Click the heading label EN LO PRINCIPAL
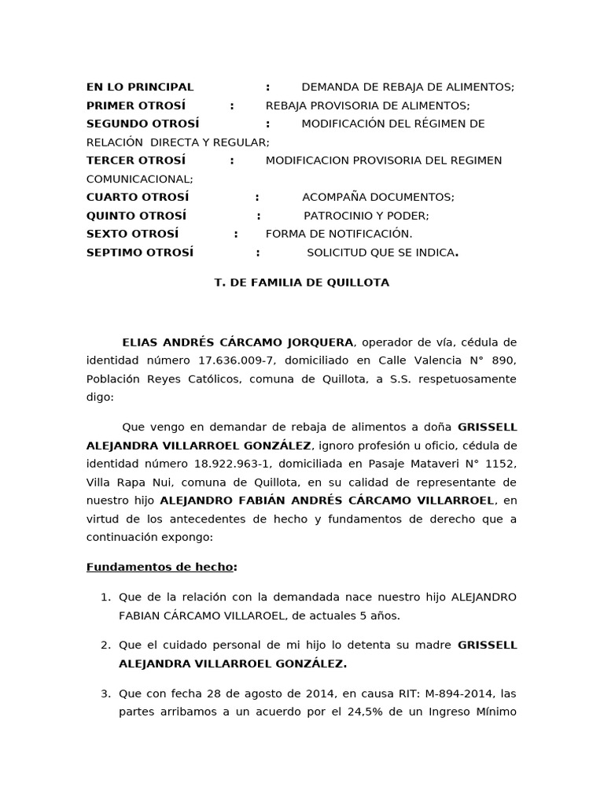pos(139,87)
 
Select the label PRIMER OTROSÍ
pos(135,105)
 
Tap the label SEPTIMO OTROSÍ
pos(139,253)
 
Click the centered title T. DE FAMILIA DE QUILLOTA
pos(301,283)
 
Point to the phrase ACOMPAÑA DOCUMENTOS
pos(377,198)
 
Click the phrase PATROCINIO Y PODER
pos(366,216)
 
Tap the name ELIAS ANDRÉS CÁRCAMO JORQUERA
pos(238,342)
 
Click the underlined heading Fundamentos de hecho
pos(160,568)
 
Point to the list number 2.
pos(105,645)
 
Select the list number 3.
pos(105,694)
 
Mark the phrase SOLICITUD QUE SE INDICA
pos(381,253)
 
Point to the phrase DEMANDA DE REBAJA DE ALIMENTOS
pos(407,87)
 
